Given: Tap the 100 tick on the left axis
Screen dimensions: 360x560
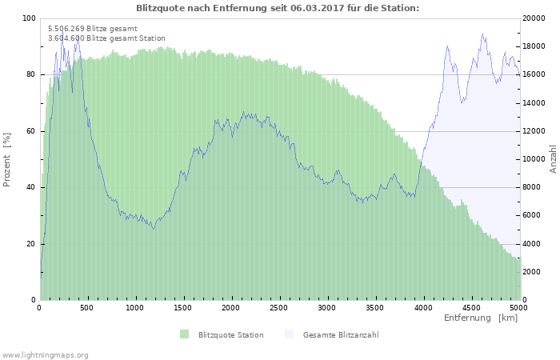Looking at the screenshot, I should [x=30, y=18].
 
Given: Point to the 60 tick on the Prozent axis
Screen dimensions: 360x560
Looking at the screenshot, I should [x=31, y=131].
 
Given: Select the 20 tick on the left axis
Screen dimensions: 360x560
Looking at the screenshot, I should [x=31, y=244].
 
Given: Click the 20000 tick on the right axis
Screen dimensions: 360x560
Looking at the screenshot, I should [x=534, y=18].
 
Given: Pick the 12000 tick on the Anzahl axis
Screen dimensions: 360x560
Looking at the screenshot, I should [x=534, y=131].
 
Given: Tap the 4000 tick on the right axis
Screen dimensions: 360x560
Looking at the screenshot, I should [x=531, y=244].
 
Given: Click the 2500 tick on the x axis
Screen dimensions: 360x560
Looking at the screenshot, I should [x=279, y=307].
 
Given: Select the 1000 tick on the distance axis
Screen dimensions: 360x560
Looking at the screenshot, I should [x=135, y=307].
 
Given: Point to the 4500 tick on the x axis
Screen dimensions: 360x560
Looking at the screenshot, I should [x=470, y=307].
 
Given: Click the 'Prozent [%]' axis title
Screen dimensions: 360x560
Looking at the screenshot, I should [x=7, y=159].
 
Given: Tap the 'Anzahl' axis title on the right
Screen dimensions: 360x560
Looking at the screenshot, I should [x=553, y=159].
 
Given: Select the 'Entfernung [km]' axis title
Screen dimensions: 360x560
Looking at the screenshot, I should [x=481, y=318].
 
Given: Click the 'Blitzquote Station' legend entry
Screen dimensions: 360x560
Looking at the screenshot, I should [x=230, y=334].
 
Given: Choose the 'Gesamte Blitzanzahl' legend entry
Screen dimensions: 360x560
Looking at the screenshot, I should [x=340, y=334].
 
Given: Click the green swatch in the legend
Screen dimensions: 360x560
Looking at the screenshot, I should [x=185, y=334].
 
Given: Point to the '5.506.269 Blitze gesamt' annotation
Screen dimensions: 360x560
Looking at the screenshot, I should [x=93, y=29].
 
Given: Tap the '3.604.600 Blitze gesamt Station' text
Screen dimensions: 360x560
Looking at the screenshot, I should [x=106, y=38].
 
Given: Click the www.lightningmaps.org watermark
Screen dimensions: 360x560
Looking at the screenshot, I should [x=45, y=354].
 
